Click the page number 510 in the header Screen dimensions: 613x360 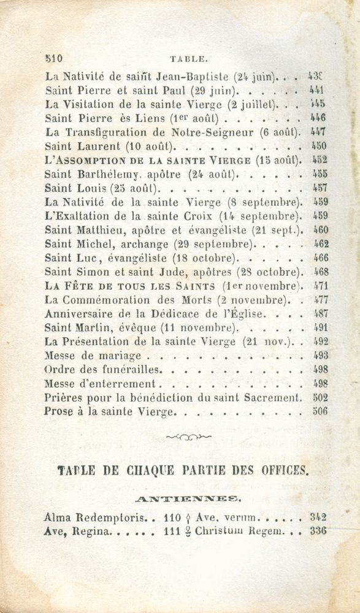55,60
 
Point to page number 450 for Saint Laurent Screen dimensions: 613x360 319,147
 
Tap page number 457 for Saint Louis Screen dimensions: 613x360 320,188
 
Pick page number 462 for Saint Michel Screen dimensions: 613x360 321,243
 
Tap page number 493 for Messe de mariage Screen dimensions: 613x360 321,356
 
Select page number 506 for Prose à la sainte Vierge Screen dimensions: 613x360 320,411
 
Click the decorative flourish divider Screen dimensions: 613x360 189,436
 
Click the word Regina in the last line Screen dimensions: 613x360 91,531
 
